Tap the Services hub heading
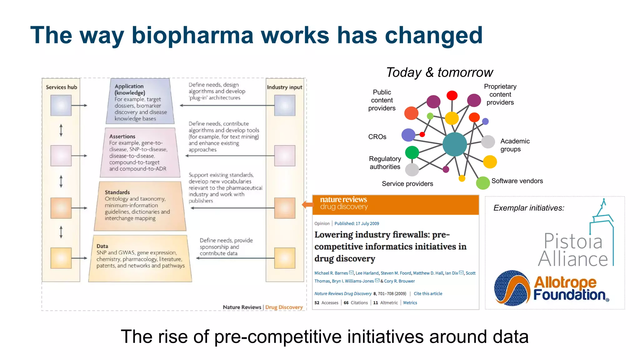tap(61, 87)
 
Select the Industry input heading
tap(284, 87)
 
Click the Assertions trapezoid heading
tap(122, 137)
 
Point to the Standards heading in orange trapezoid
tap(117, 192)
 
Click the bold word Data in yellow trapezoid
tap(102, 246)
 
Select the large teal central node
tap(455, 144)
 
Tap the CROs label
tap(377, 137)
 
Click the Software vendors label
tap(517, 181)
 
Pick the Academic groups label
tap(515, 145)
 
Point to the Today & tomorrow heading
tap(439, 72)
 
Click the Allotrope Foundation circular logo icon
tap(512, 288)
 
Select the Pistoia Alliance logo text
tap(573, 250)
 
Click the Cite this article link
tap(428, 294)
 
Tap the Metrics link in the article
tap(410, 303)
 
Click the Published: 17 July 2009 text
tap(357, 224)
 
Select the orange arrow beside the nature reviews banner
tap(307, 205)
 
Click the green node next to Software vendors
tap(482, 183)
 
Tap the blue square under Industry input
tap(284, 106)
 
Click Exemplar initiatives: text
tap(529, 208)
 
